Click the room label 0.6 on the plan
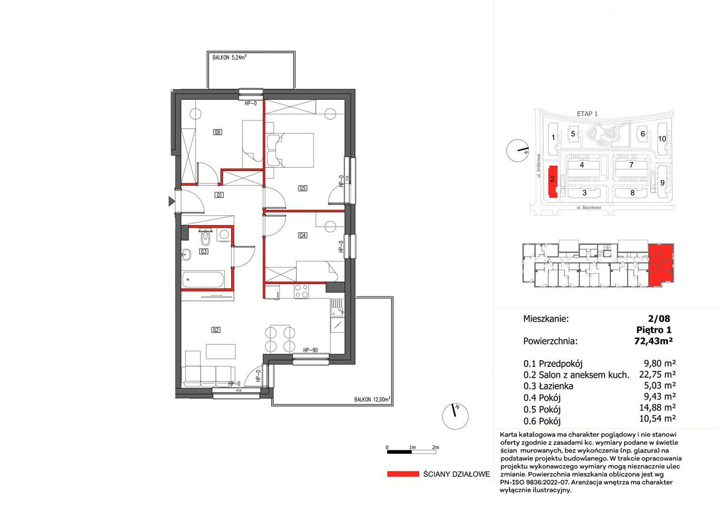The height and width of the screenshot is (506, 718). [218, 132]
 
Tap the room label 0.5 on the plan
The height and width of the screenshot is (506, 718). [302, 188]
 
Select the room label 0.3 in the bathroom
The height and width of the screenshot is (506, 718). [204, 252]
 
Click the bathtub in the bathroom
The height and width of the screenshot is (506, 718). [203, 279]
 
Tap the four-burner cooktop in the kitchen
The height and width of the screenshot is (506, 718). [301, 292]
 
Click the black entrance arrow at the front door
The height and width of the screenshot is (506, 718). [172, 201]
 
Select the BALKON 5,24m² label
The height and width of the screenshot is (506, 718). [229, 57]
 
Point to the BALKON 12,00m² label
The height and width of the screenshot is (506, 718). [372, 399]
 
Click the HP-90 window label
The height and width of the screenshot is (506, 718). [310, 350]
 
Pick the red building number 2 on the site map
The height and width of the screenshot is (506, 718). [553, 179]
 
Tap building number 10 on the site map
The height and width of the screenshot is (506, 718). [662, 139]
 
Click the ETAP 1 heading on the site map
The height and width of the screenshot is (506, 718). [587, 113]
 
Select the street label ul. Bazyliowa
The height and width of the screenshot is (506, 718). [589, 208]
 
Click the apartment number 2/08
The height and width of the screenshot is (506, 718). [659, 319]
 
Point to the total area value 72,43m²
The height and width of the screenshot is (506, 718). [653, 341]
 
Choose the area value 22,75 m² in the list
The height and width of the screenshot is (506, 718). [657, 374]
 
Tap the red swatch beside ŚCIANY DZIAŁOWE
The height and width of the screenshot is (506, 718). [403, 474]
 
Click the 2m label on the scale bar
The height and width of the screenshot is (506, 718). [435, 447]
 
